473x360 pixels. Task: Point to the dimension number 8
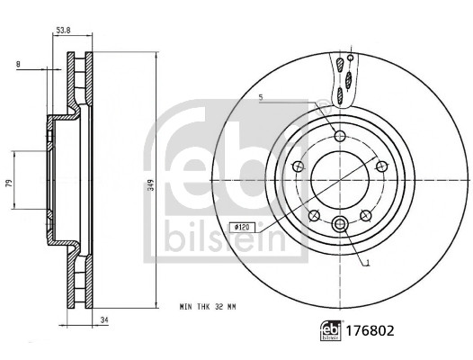pos(18,64)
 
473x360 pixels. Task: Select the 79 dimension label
pos(9,183)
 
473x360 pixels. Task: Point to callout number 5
pos(260,96)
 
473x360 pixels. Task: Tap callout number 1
pos(368,262)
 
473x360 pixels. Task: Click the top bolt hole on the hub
pos(339,136)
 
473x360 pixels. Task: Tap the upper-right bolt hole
pos(380,166)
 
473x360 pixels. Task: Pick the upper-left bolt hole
pos(298,166)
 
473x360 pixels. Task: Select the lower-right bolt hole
pos(365,214)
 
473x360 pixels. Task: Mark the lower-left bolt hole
pos(314,214)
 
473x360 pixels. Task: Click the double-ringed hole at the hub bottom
pos(339,225)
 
